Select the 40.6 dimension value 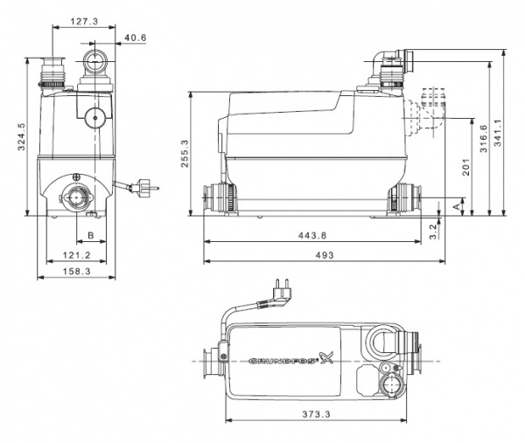pos(135,38)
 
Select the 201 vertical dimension pos(466,168)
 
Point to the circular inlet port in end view pos(77,197)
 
